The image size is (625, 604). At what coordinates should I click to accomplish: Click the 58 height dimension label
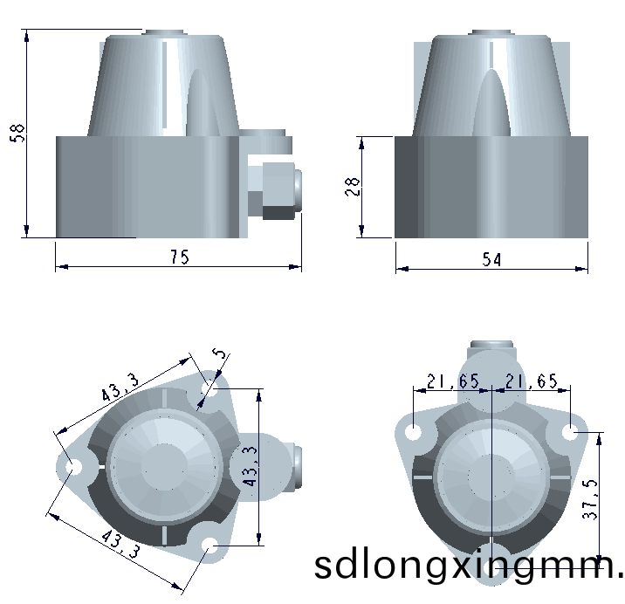[x=17, y=133]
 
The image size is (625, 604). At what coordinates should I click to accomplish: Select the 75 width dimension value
[x=180, y=257]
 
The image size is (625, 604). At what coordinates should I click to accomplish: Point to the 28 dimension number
[x=353, y=187]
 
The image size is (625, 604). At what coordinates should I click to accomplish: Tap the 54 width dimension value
[x=491, y=259]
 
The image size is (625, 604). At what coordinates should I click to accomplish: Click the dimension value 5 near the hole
[x=220, y=353]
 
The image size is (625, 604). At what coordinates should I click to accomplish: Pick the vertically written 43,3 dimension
[x=251, y=466]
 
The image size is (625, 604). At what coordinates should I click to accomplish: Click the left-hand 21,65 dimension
[x=453, y=381]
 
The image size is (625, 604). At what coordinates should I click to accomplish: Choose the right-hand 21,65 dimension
[x=532, y=381]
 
